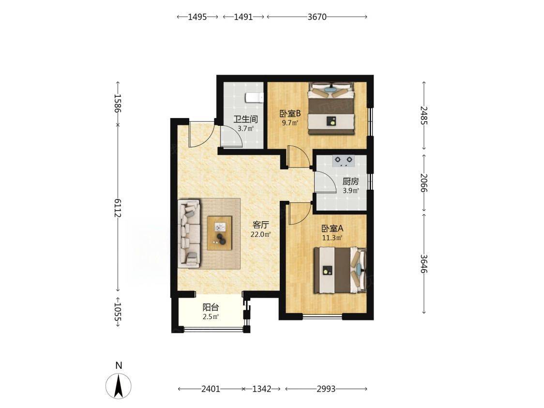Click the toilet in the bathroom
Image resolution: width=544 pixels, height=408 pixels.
point(254,98)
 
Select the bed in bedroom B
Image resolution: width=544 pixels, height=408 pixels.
point(332,108)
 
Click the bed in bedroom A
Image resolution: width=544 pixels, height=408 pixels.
point(340,270)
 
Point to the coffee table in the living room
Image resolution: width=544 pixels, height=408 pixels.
point(220,233)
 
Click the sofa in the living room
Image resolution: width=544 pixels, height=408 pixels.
point(189,233)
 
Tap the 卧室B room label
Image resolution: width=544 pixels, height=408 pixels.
point(290,113)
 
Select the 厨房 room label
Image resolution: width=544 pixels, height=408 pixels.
point(350,181)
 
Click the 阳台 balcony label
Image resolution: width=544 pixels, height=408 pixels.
point(211,307)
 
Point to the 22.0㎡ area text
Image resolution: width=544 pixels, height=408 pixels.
point(260,235)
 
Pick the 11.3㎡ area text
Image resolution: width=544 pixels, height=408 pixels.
point(332,238)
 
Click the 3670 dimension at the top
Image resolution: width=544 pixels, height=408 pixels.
point(317,17)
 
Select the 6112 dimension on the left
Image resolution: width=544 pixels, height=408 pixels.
point(118,208)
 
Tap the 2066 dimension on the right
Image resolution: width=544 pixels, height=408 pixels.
point(423,183)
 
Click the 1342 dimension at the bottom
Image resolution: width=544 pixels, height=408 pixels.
point(261,389)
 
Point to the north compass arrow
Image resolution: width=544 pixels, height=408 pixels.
point(119,386)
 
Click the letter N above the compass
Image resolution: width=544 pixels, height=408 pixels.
point(119,365)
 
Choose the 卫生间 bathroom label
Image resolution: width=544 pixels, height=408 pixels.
point(246,120)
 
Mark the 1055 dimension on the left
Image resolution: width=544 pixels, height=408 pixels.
point(118,312)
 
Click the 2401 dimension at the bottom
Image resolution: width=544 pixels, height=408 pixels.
point(211,389)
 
